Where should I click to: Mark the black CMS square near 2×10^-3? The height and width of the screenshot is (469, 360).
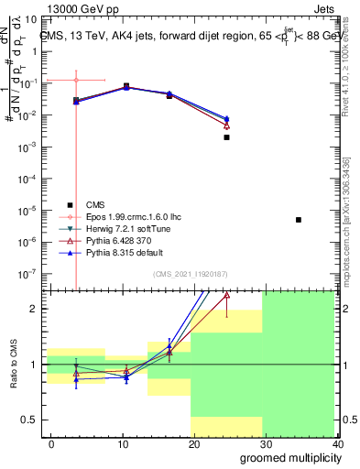[x=226, y=137]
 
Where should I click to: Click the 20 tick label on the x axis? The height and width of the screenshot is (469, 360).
[x=191, y=444]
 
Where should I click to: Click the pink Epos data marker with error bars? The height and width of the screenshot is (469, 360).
[x=76, y=81]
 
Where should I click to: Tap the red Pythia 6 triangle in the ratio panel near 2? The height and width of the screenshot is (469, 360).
[x=226, y=296]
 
